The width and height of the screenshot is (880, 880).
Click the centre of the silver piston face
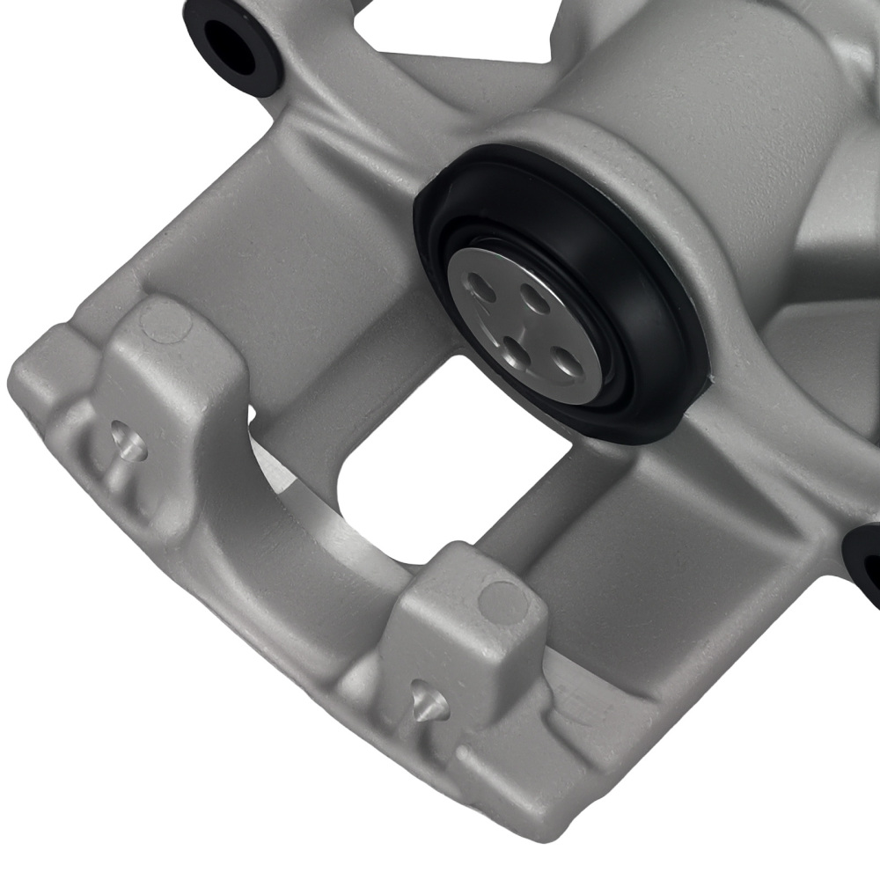point(525,320)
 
